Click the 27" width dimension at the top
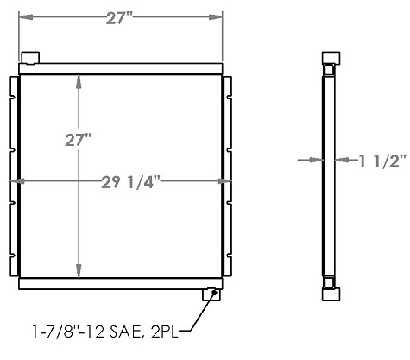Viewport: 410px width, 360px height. point(120,17)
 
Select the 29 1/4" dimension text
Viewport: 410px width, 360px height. point(121,181)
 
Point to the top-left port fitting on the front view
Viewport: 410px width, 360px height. point(30,58)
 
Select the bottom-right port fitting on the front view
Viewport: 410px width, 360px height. point(210,294)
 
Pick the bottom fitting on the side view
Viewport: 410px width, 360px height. point(330,294)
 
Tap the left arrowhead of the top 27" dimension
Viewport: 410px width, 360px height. point(24,17)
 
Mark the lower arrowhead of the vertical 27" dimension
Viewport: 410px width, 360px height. point(79,272)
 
